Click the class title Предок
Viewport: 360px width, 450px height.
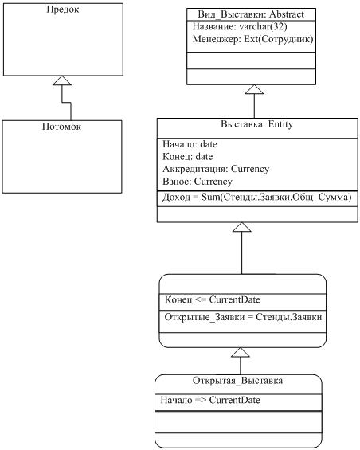coord(63,10)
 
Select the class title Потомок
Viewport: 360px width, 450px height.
coord(61,127)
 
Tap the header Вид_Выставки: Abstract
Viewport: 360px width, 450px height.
coord(251,14)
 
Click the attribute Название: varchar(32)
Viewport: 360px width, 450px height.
coord(240,27)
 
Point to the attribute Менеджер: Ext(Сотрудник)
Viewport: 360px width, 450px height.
coord(252,39)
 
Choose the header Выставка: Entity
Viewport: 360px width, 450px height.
coord(257,124)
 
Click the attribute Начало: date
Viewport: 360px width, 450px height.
coord(190,144)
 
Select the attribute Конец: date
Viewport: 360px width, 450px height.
coord(188,157)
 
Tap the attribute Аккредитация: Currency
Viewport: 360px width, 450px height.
coord(216,169)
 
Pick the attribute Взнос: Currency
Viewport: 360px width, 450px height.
coord(198,182)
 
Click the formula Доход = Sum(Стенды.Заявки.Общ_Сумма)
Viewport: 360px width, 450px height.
coord(257,198)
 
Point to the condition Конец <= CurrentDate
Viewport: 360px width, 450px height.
coord(213,300)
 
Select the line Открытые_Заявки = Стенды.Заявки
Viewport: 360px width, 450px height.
coord(243,317)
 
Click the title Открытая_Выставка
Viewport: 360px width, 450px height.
coord(237,381)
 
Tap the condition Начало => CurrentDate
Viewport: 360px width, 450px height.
coord(210,400)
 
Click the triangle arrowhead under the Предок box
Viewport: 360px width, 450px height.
coord(62,80)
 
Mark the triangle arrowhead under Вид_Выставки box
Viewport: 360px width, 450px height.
coord(254,89)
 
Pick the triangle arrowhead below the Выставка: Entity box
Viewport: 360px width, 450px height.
coord(241,227)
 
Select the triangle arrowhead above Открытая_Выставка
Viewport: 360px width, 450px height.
coord(241,352)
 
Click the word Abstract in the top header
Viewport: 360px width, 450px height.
coord(287,14)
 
